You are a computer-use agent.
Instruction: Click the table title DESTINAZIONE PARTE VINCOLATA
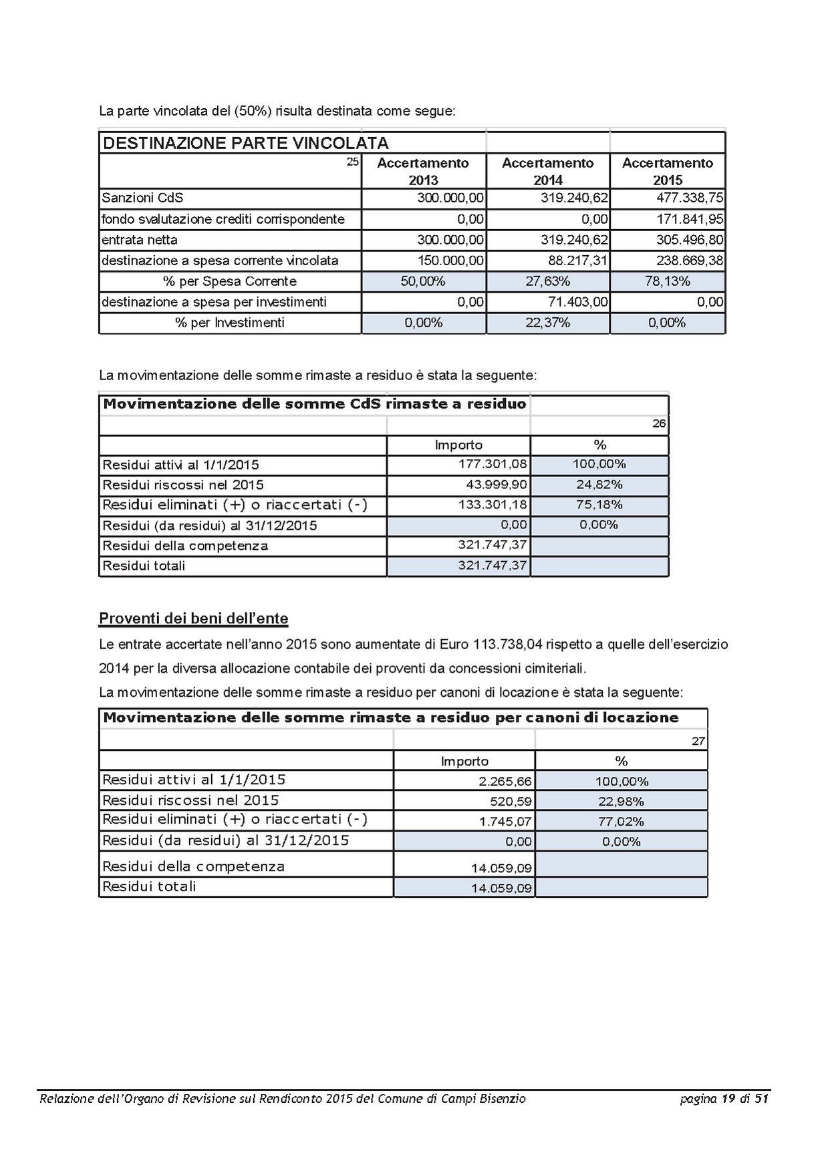245,143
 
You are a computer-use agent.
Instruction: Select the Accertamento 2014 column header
547,171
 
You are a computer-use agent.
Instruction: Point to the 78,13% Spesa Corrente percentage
667,281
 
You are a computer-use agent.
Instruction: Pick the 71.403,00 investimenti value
578,302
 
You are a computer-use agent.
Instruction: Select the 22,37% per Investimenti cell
547,323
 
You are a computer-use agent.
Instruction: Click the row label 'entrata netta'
140,240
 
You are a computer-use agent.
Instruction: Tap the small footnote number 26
659,424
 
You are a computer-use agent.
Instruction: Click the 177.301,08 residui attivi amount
493,464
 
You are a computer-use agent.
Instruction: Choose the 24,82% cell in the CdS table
599,484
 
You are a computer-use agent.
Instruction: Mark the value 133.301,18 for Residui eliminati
493,504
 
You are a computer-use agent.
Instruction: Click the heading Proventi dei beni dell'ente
193,619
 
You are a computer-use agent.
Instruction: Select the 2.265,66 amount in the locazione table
505,781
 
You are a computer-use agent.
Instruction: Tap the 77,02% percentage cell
621,821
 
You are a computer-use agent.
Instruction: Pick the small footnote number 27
698,741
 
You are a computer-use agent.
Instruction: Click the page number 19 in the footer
729,1098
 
